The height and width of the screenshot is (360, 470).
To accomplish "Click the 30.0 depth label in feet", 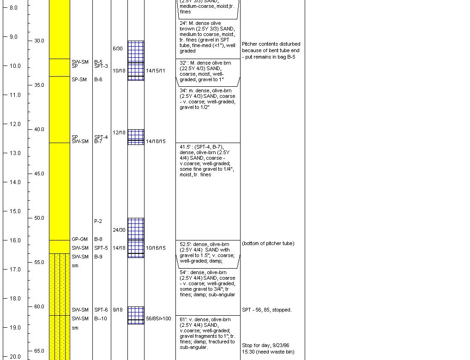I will (x=39, y=41).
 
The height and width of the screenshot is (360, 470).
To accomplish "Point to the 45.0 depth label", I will (x=39, y=174).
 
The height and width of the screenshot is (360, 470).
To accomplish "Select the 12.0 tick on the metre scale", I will (x=15, y=124).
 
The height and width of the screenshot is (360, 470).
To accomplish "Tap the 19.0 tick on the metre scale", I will (x=15, y=328).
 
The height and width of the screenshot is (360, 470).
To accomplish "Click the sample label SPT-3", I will (x=101, y=66).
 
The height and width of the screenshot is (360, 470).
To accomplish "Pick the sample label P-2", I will (x=98, y=222).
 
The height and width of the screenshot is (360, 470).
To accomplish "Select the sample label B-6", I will (x=98, y=80).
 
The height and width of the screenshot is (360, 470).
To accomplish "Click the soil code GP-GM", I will (x=79, y=240).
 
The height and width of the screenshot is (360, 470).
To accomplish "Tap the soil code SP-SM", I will (x=79, y=80).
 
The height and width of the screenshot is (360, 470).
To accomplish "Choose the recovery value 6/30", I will (x=118, y=49).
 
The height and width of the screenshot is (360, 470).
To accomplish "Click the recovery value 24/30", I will (x=119, y=230).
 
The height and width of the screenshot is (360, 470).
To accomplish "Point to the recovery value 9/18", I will (x=118, y=310).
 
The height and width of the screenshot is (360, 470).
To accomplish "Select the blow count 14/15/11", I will (x=156, y=71).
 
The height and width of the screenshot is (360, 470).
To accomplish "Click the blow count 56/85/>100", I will (x=158, y=319).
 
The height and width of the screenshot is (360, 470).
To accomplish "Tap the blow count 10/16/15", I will (x=156, y=248).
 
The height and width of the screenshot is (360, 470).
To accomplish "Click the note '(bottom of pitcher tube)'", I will (x=268, y=244).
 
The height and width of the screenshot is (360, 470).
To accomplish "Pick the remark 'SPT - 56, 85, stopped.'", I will (x=266, y=310).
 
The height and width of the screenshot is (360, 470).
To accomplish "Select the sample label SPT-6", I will (x=101, y=310).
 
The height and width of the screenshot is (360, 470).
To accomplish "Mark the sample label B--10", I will (x=101, y=319).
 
